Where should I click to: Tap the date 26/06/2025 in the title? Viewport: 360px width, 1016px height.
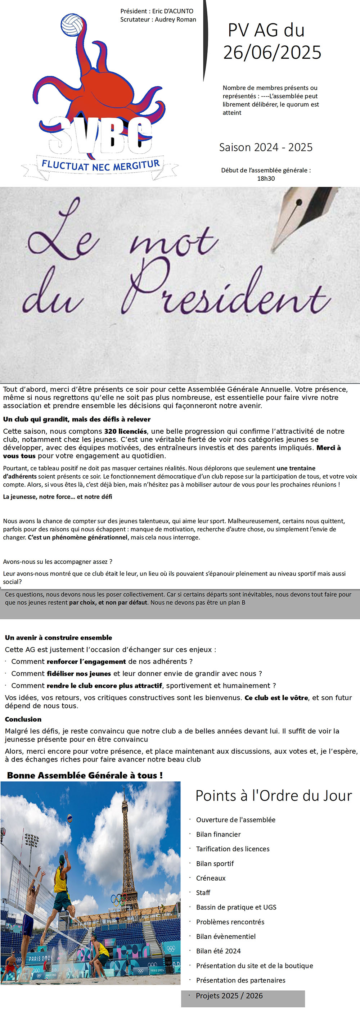(x=272, y=53)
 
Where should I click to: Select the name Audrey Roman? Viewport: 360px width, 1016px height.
(x=175, y=19)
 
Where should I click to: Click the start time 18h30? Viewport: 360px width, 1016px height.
(x=266, y=178)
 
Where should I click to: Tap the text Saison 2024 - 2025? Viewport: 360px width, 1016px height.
(x=266, y=147)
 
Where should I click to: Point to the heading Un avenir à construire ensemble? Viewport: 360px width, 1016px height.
(x=58, y=637)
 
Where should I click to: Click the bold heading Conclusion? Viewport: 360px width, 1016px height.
(x=23, y=719)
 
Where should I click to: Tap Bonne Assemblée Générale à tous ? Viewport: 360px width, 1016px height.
(x=85, y=775)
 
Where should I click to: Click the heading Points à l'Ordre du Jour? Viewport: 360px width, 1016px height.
(x=273, y=795)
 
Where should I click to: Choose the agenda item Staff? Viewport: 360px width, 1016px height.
(x=203, y=893)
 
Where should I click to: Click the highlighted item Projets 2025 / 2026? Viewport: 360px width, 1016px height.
(x=229, y=995)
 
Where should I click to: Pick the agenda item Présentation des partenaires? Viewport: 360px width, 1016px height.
(x=240, y=980)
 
